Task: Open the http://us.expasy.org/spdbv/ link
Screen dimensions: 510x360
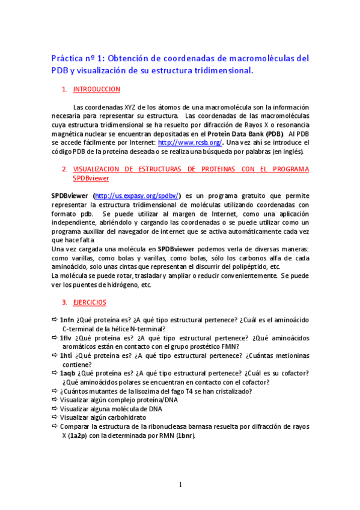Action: point(137,195)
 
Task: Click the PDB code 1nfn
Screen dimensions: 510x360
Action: point(67,320)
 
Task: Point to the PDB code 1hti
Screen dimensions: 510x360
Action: point(66,355)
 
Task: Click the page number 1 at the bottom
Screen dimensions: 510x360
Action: point(180,485)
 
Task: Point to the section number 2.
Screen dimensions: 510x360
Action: point(64,169)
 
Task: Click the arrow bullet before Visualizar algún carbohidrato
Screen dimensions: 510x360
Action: point(55,417)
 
